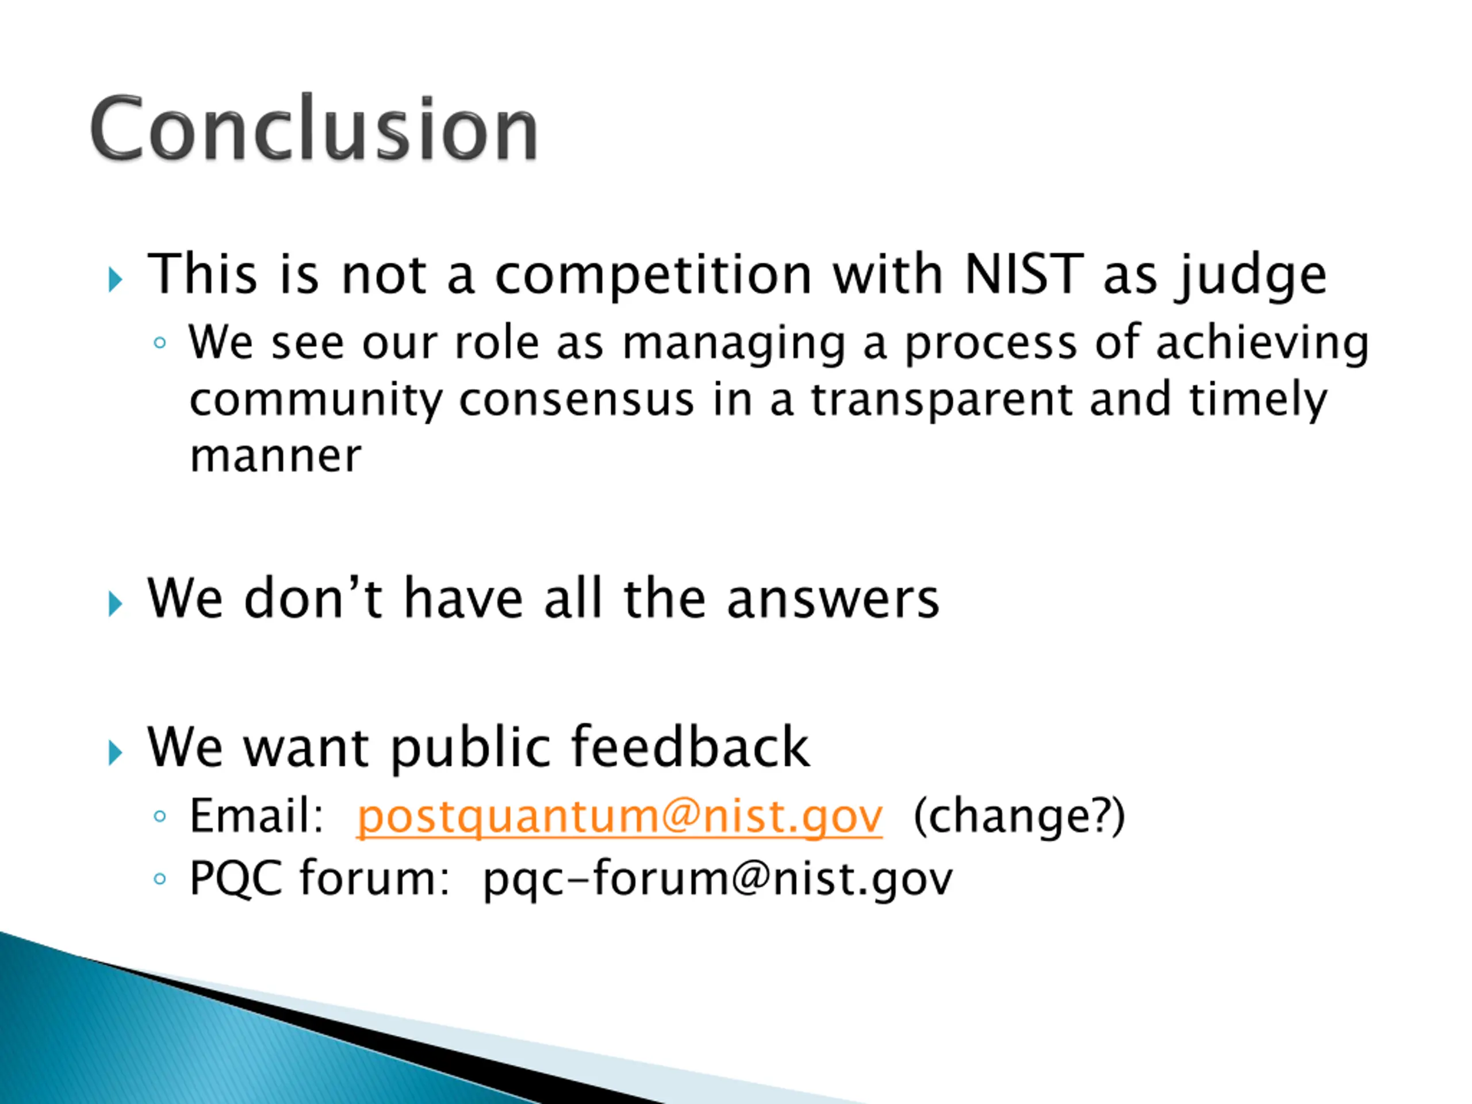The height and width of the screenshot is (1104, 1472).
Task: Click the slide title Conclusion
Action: tap(314, 128)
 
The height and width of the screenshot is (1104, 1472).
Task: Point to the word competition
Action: tap(653, 276)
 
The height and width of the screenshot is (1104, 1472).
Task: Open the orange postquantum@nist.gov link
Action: tap(619, 816)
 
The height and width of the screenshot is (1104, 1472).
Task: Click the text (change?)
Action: tap(1019, 816)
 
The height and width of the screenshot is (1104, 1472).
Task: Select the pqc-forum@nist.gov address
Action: tap(718, 880)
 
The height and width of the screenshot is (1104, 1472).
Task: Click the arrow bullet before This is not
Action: tap(116, 279)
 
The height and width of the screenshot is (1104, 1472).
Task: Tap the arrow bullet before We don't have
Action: tap(116, 604)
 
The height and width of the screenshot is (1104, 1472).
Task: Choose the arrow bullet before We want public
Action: tap(116, 753)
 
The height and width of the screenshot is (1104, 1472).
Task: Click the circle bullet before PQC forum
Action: tap(160, 879)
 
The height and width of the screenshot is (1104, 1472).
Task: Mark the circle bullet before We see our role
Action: tap(160, 343)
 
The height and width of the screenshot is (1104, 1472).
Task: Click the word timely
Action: tap(1258, 401)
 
